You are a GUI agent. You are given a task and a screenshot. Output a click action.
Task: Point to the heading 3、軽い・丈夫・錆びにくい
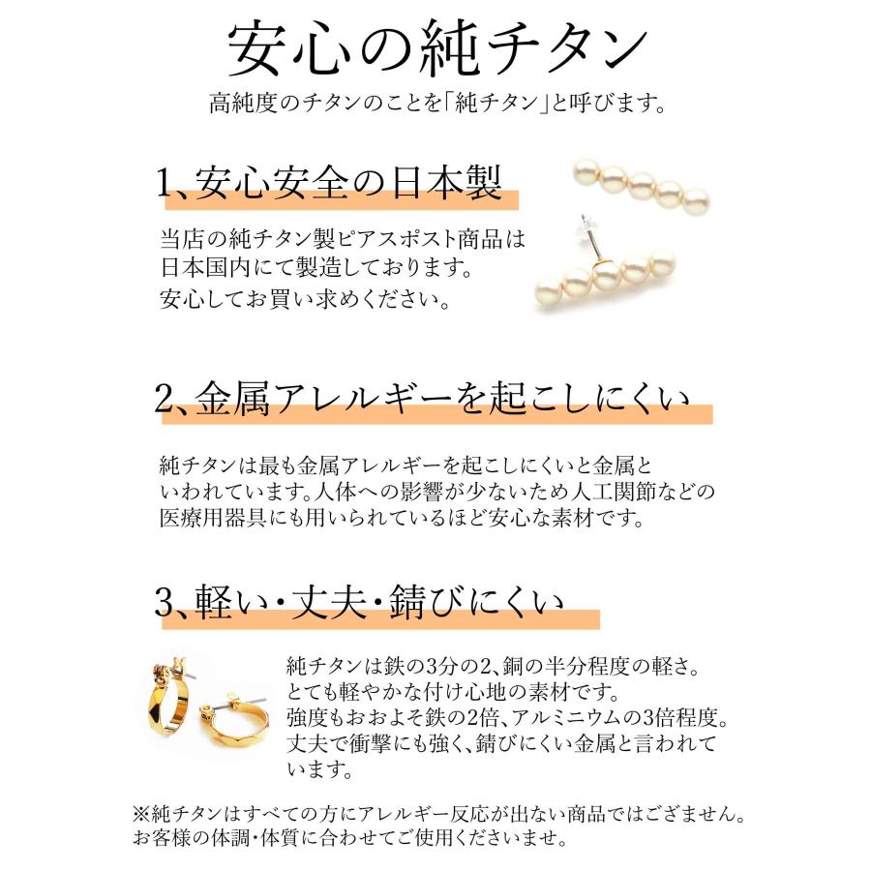click(359, 604)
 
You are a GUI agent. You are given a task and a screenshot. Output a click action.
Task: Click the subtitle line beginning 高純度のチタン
click(435, 103)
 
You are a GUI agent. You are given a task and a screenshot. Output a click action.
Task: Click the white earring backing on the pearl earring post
click(585, 228)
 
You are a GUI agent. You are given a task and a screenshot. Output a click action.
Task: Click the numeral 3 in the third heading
click(163, 606)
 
